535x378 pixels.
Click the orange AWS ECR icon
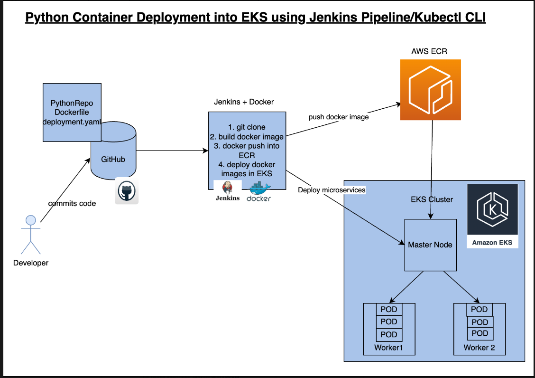pyautogui.click(x=430, y=90)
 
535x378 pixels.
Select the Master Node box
pyautogui.click(x=430, y=245)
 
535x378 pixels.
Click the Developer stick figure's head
pyautogui.click(x=31, y=220)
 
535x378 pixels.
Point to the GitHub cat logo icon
pyautogui.click(x=127, y=191)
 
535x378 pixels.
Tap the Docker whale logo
pyautogui.click(x=259, y=192)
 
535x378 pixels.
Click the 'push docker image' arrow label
pyautogui.click(x=338, y=117)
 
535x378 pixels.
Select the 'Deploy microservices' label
pyautogui.click(x=332, y=190)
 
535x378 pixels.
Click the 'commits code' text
pyautogui.click(x=72, y=203)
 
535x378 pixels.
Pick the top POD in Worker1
pyautogui.click(x=389, y=310)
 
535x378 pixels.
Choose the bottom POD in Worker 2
pyautogui.click(x=480, y=333)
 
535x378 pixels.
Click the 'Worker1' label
pyautogui.click(x=388, y=348)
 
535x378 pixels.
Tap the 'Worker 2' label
pyautogui.click(x=479, y=348)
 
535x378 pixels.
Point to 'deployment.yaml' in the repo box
pyautogui.click(x=72, y=121)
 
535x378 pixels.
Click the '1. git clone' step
pyautogui.click(x=247, y=127)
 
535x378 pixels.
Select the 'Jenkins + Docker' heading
pyautogui.click(x=244, y=102)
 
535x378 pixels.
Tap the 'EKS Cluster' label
pyautogui.click(x=431, y=199)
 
